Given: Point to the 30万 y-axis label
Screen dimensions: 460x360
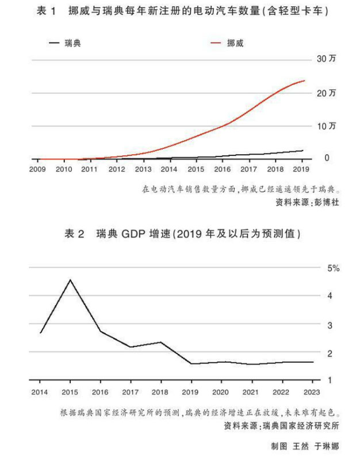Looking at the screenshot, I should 326,59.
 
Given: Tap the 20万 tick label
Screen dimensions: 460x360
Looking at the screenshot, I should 326,93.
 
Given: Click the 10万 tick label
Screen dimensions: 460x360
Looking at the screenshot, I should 326,126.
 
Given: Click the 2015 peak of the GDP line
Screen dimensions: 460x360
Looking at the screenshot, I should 70,280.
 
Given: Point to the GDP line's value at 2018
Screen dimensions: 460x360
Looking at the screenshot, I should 160,342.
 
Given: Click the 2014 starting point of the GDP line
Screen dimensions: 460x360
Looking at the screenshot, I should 40,333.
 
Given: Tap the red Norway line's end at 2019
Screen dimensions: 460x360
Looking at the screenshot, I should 304,80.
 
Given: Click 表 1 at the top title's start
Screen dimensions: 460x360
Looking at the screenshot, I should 47,11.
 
